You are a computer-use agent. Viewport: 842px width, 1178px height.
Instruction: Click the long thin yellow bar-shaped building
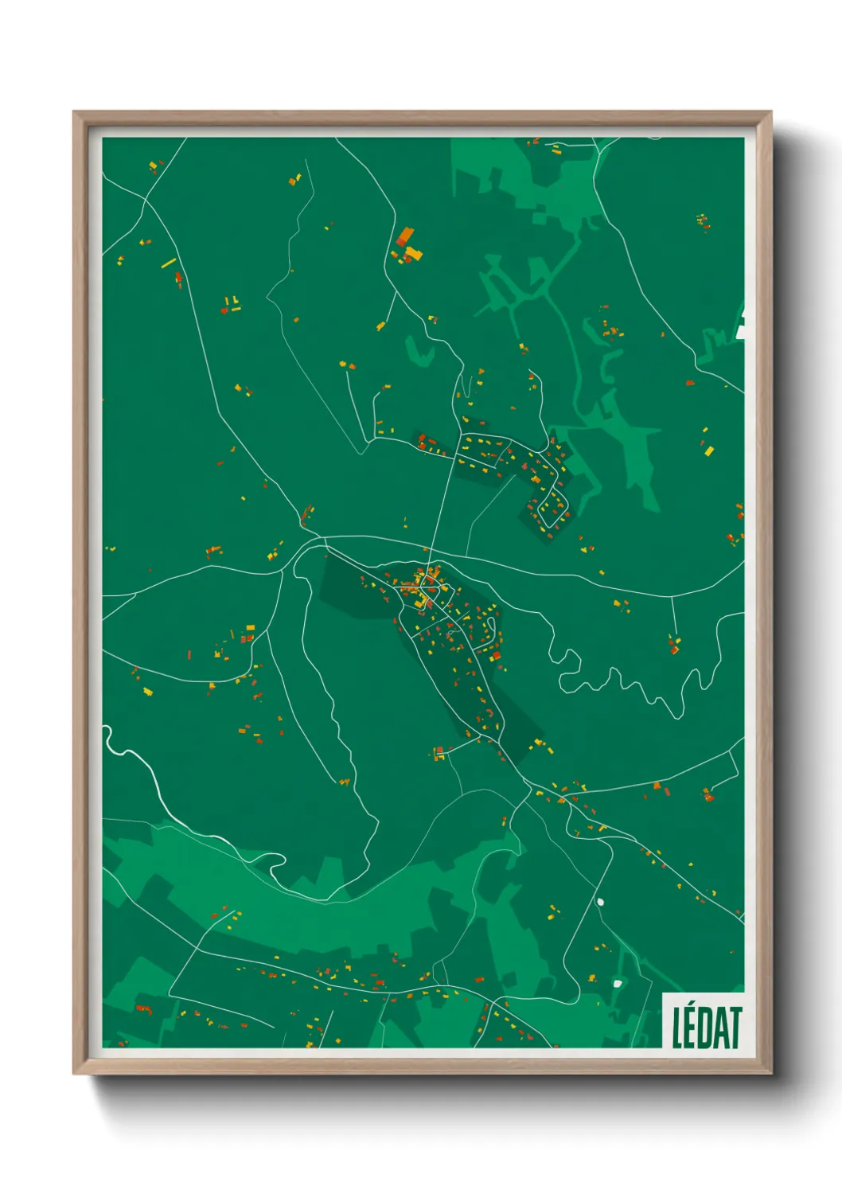169,263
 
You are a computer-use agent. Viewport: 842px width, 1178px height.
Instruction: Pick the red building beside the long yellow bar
179,279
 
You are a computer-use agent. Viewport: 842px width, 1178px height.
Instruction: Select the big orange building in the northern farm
405,236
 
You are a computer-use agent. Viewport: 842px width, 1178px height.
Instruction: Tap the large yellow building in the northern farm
413,254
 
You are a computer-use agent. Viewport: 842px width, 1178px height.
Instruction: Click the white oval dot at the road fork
600,902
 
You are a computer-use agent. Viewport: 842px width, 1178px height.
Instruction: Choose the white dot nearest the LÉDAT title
617,984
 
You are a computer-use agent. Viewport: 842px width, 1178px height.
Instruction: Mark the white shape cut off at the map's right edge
741,327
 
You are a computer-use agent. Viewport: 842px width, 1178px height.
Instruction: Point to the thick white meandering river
159,788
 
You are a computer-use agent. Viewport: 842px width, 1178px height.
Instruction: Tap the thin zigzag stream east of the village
621,681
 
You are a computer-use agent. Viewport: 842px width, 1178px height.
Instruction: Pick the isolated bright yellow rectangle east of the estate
709,451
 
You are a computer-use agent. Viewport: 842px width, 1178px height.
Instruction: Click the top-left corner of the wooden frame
76,115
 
